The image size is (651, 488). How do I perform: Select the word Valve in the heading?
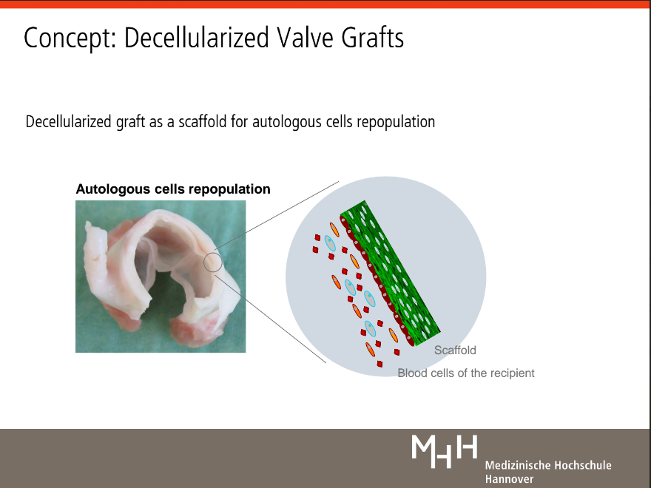[x=305, y=38]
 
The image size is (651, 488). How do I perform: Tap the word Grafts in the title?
[x=372, y=38]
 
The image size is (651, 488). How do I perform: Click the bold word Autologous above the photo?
[x=113, y=189]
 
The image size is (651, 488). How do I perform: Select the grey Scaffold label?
[x=455, y=350]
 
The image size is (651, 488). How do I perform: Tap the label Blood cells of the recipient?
[x=466, y=373]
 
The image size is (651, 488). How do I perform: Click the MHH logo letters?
[x=445, y=451]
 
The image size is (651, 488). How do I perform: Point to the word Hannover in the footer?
[x=509, y=479]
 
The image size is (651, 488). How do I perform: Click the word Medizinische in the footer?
[x=517, y=465]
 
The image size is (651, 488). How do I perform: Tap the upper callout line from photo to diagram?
[x=277, y=216]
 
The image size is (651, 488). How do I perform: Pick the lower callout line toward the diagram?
[x=271, y=319]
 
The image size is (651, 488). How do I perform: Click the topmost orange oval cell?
[x=334, y=229]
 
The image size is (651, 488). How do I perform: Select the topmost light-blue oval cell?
[x=330, y=243]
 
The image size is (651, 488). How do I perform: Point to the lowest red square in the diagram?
[x=380, y=364]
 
